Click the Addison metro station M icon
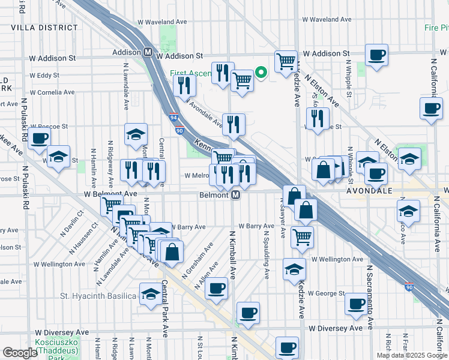pos(148,52)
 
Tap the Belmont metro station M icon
pos(236,195)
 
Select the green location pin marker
pos(261,73)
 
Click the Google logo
pos(20,353)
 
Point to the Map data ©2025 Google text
pos(411,355)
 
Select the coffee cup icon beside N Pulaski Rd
pos(40,137)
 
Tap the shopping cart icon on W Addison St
pos(286,60)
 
